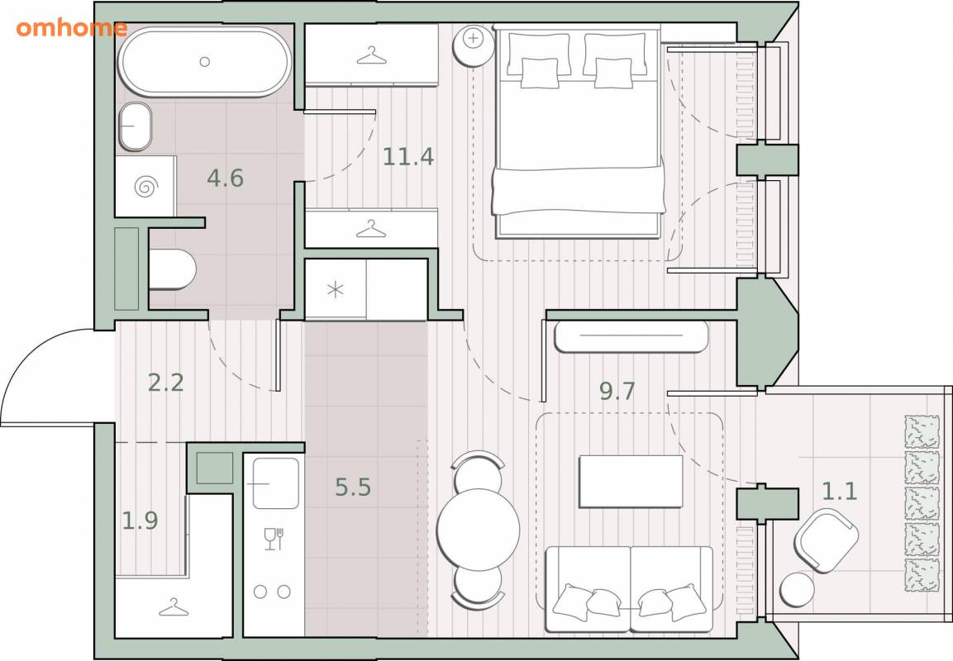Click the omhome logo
[x=72, y=28]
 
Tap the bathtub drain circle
[x=205, y=61]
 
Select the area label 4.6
[x=225, y=178]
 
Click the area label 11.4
[x=407, y=157]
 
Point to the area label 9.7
[x=617, y=391]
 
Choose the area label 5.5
[x=353, y=487]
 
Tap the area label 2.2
[x=166, y=383]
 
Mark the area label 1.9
[x=140, y=520]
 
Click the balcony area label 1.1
[x=839, y=491]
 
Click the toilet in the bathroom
[x=172, y=269]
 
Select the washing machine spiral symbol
[x=145, y=187]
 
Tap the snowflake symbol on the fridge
[x=336, y=290]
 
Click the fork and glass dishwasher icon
[x=274, y=539]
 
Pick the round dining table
[x=479, y=529]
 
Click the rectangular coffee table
[x=631, y=482]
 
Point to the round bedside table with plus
[x=474, y=45]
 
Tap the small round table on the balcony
[x=797, y=590]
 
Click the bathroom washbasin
[x=135, y=126]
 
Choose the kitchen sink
[x=276, y=483]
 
